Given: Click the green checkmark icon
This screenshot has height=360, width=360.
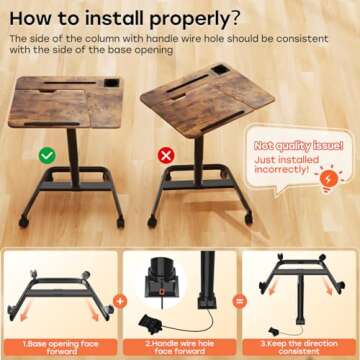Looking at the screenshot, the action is [47, 155].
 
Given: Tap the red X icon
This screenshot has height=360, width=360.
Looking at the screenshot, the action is [166, 155].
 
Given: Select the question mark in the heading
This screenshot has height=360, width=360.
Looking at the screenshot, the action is [234, 19].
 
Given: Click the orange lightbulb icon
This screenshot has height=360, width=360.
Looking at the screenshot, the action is [329, 180].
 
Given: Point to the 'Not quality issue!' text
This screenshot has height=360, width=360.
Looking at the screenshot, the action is [299, 146].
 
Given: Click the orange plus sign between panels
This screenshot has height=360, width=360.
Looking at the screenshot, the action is [120, 302].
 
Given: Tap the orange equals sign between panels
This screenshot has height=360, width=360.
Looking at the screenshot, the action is [239, 302].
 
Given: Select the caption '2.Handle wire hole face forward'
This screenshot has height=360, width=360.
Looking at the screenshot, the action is [180, 347].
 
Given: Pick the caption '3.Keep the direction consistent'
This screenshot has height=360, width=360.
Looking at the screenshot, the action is [299, 347].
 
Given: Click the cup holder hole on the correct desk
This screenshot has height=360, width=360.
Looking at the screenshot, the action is [111, 83].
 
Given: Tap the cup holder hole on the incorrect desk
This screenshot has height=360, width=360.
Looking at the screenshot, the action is [219, 70].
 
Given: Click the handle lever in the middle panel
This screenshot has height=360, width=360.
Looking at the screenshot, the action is [151, 324].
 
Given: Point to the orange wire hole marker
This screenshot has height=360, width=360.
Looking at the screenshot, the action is [162, 292].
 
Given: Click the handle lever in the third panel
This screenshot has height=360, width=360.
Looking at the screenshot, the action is [275, 331].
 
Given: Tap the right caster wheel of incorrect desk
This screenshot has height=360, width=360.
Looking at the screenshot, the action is [249, 219].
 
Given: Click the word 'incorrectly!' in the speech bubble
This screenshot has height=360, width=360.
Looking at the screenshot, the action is [280, 169].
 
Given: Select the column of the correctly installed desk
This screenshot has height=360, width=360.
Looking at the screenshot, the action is [73, 158].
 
